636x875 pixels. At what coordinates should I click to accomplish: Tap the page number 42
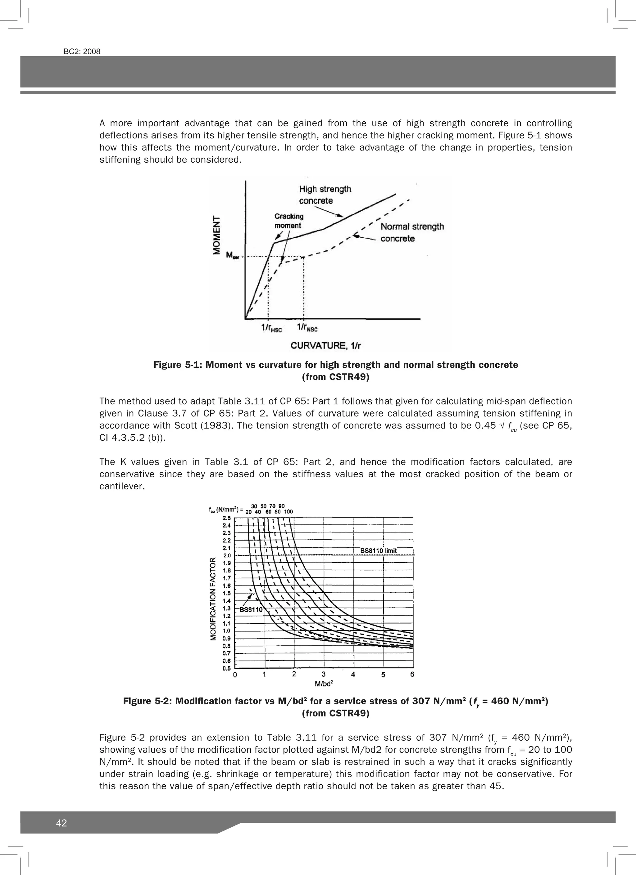coord(61,823)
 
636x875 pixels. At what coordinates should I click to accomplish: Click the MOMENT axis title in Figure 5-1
coord(217,235)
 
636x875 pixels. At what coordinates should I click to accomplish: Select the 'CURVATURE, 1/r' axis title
coord(325,345)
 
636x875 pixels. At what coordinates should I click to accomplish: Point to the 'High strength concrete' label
coord(325,195)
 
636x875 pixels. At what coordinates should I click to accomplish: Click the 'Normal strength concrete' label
coord(412,232)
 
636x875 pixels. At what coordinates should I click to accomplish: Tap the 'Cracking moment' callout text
coord(288,221)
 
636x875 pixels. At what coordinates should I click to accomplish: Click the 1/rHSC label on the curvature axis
coord(271,328)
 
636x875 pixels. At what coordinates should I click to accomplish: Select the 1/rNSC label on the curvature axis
coord(307,328)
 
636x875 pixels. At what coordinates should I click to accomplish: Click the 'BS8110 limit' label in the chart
coord(379,550)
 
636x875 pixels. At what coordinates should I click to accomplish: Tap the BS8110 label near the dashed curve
coord(251,610)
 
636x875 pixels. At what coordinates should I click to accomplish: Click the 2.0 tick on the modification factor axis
coord(227,555)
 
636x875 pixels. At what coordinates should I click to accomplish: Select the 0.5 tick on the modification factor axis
coord(227,668)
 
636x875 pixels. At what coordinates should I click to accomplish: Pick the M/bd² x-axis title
coord(324,684)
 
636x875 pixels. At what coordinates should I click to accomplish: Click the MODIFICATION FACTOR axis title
coord(213,599)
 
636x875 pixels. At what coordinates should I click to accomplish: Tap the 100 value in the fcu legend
coord(288,512)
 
